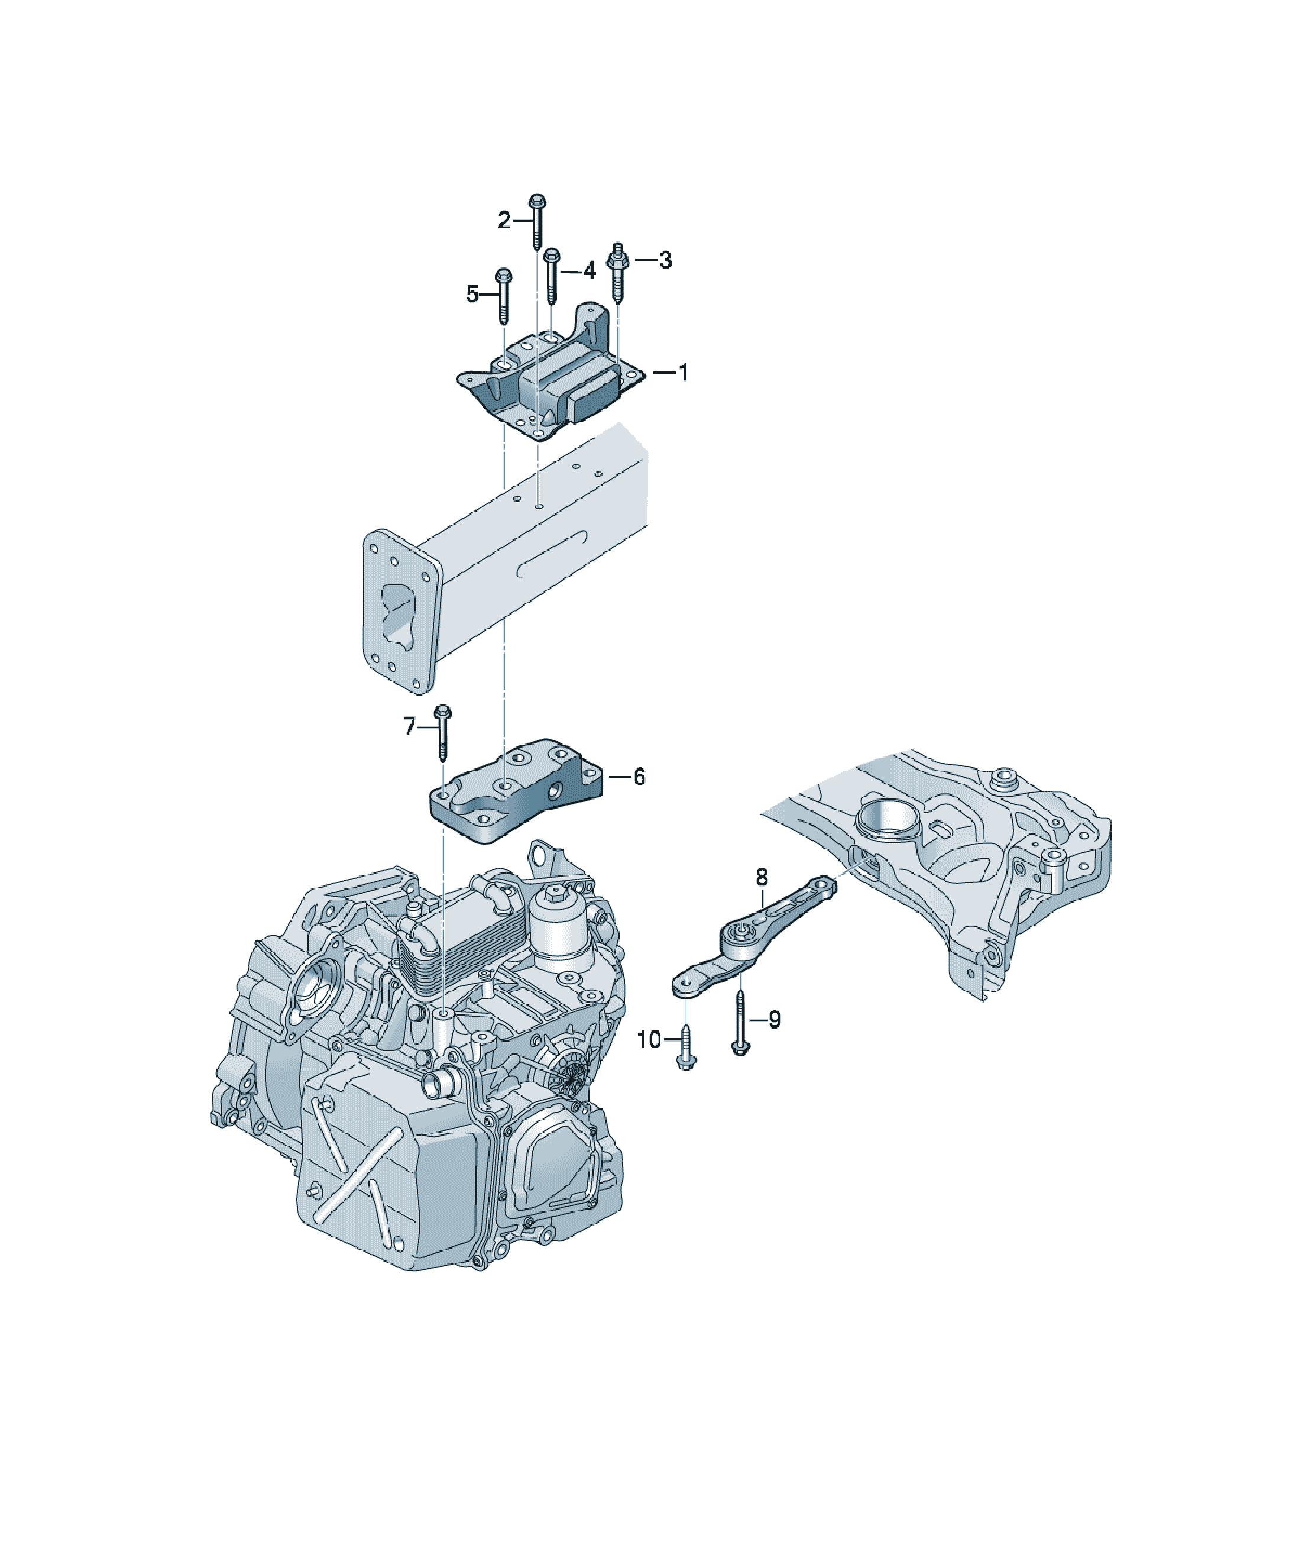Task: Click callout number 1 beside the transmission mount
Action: point(682,373)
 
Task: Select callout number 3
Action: point(665,261)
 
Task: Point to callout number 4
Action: point(589,271)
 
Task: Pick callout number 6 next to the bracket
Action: point(639,777)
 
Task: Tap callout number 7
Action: point(409,726)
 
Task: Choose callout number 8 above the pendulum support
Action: point(762,877)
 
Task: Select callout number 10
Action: point(649,1039)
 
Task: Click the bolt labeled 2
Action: point(537,222)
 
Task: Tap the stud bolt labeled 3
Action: point(617,275)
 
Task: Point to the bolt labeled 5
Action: point(504,296)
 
